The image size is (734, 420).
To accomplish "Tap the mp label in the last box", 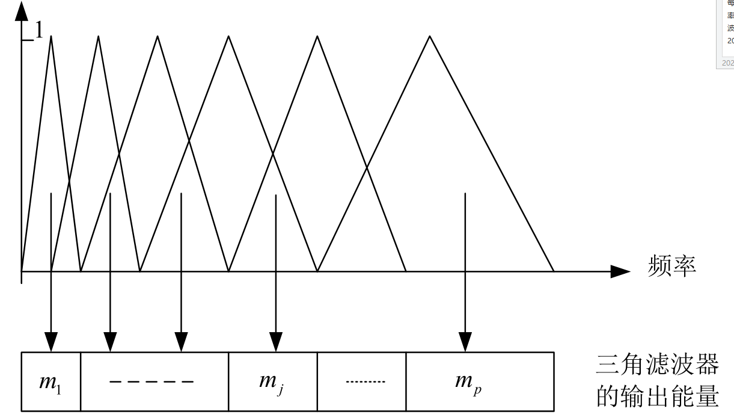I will tap(468, 381).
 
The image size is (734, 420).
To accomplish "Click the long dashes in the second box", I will tap(151, 381).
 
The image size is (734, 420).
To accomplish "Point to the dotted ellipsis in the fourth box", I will tap(365, 381).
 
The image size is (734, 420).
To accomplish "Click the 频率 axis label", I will tap(672, 266).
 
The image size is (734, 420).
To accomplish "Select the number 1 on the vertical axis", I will tap(39, 31).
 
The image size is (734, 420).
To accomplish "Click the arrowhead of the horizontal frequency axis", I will tap(620, 271).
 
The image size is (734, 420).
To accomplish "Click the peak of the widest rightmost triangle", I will tap(430, 36).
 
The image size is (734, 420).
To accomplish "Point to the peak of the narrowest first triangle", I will tap(51, 36).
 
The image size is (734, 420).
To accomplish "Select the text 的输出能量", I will tap(656, 397).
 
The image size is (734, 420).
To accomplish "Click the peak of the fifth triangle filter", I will tap(317, 36).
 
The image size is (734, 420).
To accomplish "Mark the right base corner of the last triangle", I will tap(554, 271).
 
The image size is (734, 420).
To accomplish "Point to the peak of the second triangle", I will tap(99, 36).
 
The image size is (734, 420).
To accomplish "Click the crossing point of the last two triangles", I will tap(367, 168).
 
